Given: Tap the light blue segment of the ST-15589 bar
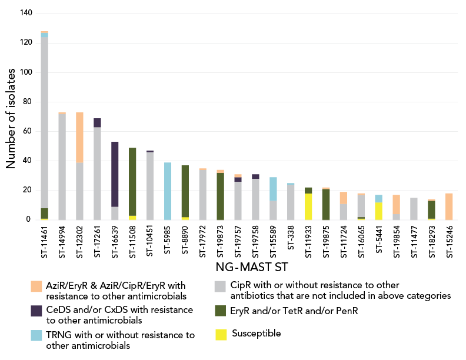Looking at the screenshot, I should click(x=272, y=189).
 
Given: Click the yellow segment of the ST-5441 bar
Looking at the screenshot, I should click(x=378, y=211).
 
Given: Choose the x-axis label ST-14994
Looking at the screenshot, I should click(x=62, y=242).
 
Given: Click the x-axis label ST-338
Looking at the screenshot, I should click(x=290, y=236).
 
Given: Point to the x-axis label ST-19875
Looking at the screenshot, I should click(x=325, y=242).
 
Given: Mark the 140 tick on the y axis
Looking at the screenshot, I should click(x=26, y=13).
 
